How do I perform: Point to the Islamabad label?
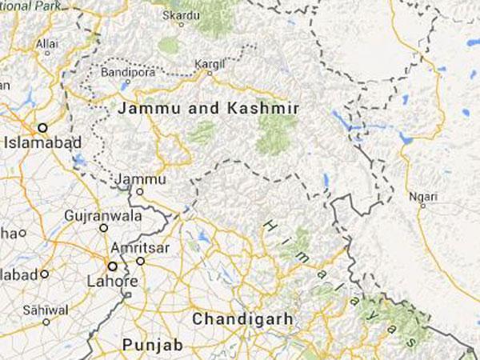34,144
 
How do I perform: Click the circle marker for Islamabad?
44,127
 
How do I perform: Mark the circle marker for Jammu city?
139,192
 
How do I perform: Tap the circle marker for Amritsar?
140,260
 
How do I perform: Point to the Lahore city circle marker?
112,266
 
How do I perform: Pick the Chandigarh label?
241,319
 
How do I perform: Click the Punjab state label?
152,345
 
